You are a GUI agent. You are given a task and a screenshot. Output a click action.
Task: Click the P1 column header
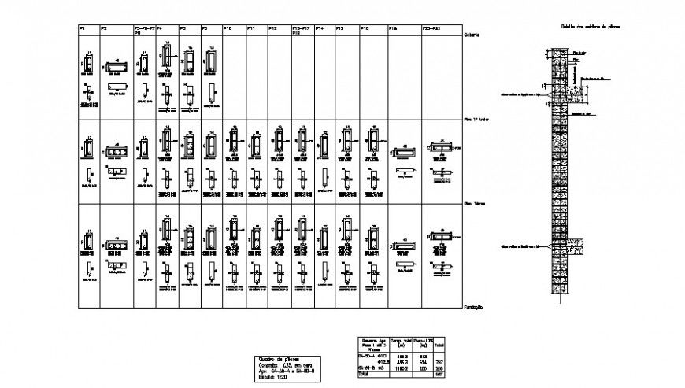click(x=81, y=28)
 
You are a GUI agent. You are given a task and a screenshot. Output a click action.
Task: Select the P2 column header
click(x=103, y=28)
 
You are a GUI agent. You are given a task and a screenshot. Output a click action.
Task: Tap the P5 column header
click(x=182, y=28)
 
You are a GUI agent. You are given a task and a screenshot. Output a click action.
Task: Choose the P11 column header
click(x=250, y=28)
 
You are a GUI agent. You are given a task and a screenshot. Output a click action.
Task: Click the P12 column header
click(x=272, y=28)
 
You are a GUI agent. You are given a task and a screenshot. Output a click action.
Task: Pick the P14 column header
click(x=320, y=28)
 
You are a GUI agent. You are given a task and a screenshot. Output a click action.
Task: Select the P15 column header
click(x=340, y=28)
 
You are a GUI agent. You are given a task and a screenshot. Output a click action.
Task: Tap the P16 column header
click(x=365, y=28)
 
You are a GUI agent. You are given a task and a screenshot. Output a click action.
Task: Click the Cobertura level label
click(x=472, y=35)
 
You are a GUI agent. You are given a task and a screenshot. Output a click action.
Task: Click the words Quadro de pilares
click(x=276, y=359)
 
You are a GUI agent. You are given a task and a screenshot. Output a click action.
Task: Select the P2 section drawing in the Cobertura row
click(x=116, y=67)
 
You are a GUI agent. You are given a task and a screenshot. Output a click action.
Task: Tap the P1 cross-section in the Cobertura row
click(x=88, y=63)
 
